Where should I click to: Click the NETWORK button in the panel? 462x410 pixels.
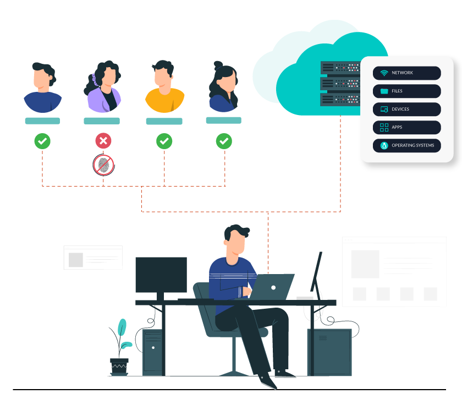coord(406,73)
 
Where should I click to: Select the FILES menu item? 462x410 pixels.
coord(406,91)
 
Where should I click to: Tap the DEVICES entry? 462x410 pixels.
coord(406,109)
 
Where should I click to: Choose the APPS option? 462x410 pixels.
coord(406,127)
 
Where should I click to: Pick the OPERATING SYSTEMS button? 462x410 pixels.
coord(406,145)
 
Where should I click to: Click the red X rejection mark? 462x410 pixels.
coord(103,141)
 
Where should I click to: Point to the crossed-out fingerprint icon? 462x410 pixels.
coord(103,165)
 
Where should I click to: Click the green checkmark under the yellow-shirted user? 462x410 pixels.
coord(164,141)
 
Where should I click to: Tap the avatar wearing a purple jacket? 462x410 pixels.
coord(103,88)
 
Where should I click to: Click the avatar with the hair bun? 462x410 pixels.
coord(223,87)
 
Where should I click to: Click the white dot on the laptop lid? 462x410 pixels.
coord(273,287)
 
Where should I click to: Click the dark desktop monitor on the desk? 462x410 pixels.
coord(161,275)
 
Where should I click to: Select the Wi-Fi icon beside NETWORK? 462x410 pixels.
coord(384,73)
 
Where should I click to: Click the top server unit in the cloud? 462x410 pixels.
coord(340,68)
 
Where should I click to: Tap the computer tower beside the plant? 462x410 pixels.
coord(152,352)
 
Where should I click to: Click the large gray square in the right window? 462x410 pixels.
coord(365,264)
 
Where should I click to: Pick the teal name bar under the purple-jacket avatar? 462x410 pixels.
coord(102,121)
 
